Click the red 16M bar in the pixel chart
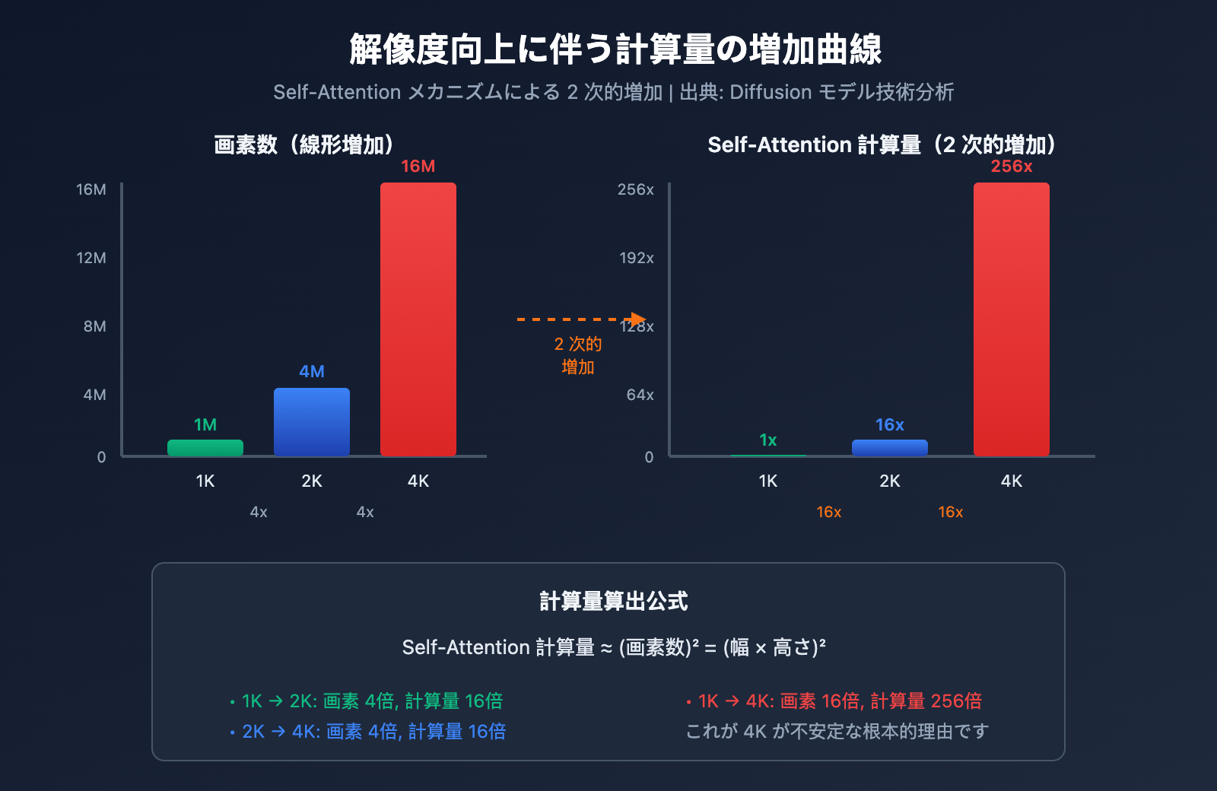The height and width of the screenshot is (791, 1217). pos(418,319)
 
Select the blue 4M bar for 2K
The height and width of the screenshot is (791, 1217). pos(312,422)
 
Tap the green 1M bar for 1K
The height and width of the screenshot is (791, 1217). pos(205,448)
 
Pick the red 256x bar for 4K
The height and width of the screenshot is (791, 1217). pos(1012,319)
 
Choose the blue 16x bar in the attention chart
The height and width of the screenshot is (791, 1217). pos(890,448)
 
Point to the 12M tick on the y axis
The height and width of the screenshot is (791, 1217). pos(91,258)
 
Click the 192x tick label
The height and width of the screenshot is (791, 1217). pos(637,258)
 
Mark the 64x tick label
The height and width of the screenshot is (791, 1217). pos(640,395)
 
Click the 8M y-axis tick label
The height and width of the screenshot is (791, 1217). pos(95,326)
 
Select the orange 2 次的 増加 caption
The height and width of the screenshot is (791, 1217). pos(578,355)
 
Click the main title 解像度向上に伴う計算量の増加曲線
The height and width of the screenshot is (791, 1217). pos(615,49)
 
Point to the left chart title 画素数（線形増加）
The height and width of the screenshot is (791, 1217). pos(304,145)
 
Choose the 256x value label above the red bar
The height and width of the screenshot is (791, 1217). pos(1012,167)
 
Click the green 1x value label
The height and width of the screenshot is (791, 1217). pos(768,440)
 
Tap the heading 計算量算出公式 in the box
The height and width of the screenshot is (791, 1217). pos(614,602)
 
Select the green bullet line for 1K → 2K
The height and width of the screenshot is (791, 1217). pos(367,701)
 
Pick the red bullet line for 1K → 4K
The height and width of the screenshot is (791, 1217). pos(834,701)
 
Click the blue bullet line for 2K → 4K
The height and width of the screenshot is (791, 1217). pos(368,732)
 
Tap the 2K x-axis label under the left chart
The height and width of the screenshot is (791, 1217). pos(312,481)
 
